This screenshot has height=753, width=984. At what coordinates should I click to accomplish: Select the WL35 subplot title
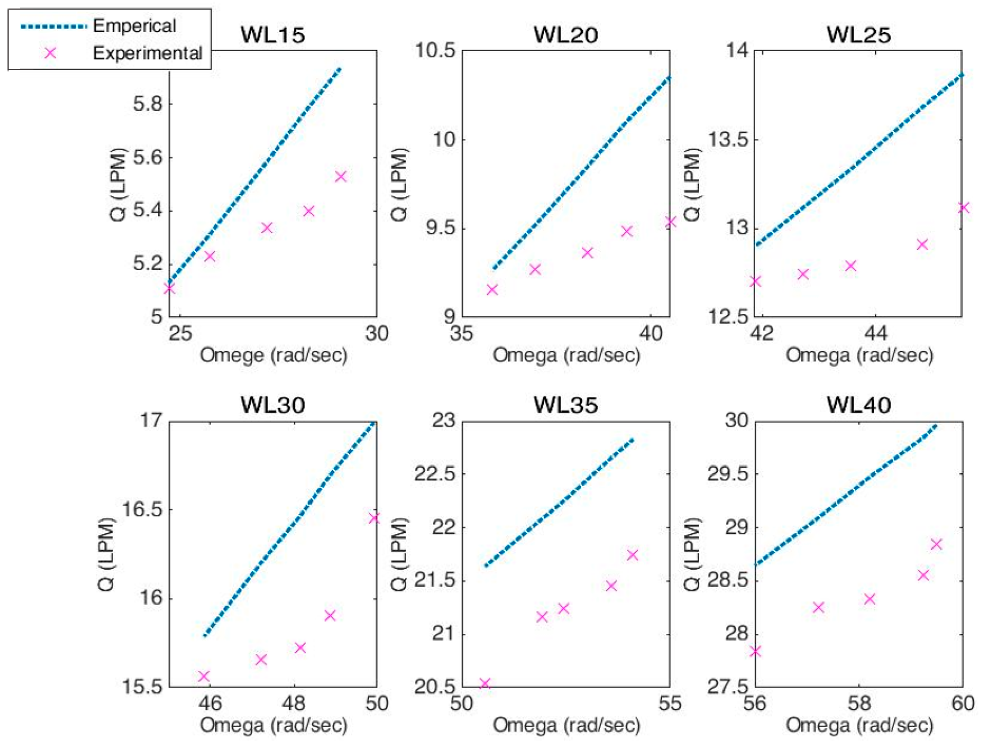[x=565, y=405]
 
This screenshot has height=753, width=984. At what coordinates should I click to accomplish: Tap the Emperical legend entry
[x=134, y=26]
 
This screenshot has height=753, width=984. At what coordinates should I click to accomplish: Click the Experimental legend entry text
[x=147, y=53]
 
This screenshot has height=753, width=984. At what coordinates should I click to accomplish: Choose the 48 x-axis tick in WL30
[x=293, y=703]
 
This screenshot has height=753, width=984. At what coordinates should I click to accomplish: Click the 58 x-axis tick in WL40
[x=858, y=703]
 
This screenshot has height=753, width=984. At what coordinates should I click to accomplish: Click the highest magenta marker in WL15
[x=340, y=176]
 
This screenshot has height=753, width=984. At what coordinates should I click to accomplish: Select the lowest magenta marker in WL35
[x=485, y=683]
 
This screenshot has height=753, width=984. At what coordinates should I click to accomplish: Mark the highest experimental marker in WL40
[x=936, y=544]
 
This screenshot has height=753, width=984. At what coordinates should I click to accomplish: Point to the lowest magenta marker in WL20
[x=492, y=289]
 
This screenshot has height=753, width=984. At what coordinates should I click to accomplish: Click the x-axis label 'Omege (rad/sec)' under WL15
[x=273, y=356]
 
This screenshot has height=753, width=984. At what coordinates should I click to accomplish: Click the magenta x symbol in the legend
[x=50, y=53]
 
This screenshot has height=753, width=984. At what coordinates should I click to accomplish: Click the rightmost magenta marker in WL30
[x=374, y=518]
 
